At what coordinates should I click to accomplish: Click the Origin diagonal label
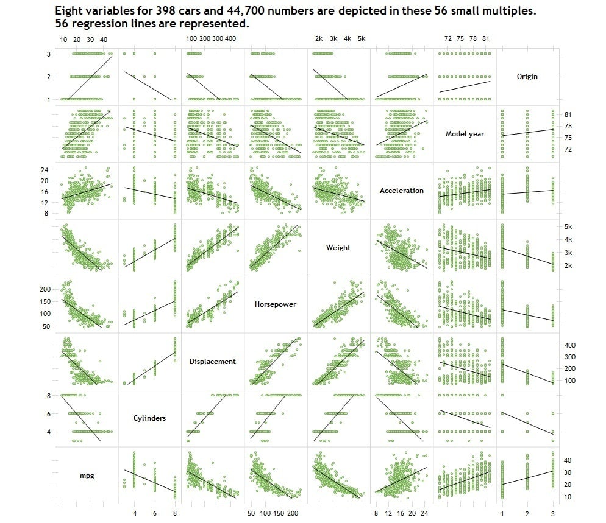[x=527, y=77]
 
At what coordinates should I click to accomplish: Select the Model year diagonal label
[x=465, y=133]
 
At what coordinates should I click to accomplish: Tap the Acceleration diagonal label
[x=402, y=191]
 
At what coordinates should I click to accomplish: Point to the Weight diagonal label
[x=338, y=247]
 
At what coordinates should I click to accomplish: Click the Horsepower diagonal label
[x=275, y=304]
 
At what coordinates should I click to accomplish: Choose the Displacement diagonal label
[x=213, y=361]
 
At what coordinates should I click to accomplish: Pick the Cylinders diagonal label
[x=149, y=418]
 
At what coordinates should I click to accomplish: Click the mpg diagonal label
[x=87, y=476]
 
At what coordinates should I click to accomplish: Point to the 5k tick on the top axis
[x=362, y=38]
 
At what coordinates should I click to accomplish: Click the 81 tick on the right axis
[x=568, y=114]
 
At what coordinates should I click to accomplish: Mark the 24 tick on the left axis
[x=45, y=170]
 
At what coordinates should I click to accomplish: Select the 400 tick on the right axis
[x=569, y=345]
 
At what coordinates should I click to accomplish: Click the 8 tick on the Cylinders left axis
[x=49, y=396]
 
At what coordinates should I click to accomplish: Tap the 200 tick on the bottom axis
[x=293, y=513]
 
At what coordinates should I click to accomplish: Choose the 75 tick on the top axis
[x=460, y=38]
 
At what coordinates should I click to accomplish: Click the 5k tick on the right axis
[x=568, y=226]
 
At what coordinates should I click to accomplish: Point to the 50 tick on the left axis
[x=46, y=326]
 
